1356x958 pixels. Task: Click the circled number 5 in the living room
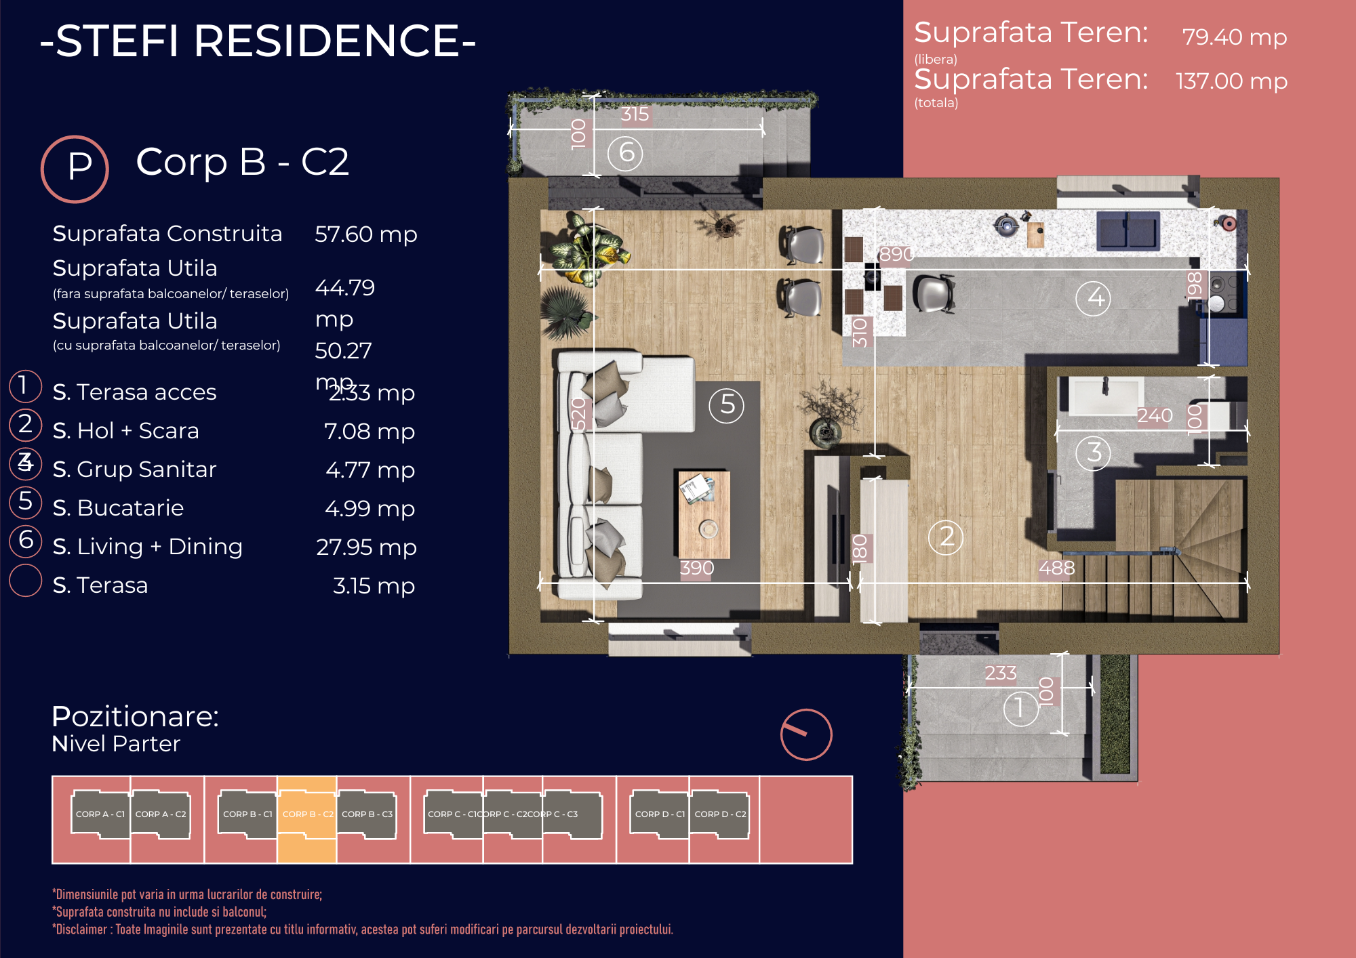726,405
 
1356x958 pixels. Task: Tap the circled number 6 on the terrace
625,153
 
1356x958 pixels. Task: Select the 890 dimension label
896,254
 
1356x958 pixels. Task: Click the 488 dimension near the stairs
1056,568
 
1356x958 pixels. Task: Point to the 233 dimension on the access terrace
1000,673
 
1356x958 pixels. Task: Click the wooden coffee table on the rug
704,515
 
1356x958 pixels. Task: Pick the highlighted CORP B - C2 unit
307,815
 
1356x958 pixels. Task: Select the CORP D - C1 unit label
660,814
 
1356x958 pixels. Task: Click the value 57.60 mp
365,234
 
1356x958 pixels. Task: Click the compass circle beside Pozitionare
805,734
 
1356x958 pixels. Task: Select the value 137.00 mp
1231,81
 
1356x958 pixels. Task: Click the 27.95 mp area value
366,547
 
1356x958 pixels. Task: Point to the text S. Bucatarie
118,508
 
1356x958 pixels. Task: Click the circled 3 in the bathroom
1093,452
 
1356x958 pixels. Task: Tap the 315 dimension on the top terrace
635,114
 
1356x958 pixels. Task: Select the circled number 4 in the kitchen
1093,297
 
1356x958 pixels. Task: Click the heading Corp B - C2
242,162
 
